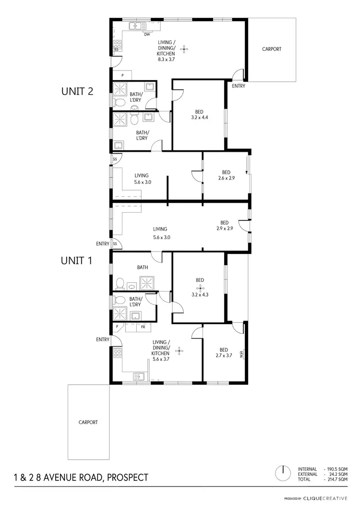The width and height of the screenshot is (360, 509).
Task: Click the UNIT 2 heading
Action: pos(77,91)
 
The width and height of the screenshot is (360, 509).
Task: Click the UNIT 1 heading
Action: pos(77,261)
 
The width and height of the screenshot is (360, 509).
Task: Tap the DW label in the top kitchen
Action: pos(147,35)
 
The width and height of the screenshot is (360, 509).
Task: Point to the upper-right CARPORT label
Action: pos(272,49)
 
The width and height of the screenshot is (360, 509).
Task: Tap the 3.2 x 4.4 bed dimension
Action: pos(200,117)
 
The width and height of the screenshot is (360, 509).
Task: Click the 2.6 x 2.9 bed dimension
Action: pos(226,178)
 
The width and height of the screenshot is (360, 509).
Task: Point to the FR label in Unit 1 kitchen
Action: pos(143,327)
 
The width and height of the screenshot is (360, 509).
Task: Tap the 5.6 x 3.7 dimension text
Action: pos(161,359)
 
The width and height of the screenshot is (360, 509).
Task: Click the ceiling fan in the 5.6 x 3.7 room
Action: pos(180,351)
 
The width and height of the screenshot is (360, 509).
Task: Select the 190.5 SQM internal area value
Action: pos(337,469)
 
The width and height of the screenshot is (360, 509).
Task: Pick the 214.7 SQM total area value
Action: pos(337,479)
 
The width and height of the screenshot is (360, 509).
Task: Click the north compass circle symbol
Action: pos(284,473)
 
